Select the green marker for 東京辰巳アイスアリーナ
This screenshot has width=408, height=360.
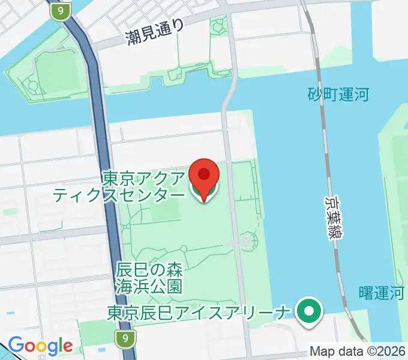point(309,311)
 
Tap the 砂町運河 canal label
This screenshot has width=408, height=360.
point(338,94)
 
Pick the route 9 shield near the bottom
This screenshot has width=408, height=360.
point(124,339)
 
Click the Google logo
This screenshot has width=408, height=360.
point(40,346)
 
